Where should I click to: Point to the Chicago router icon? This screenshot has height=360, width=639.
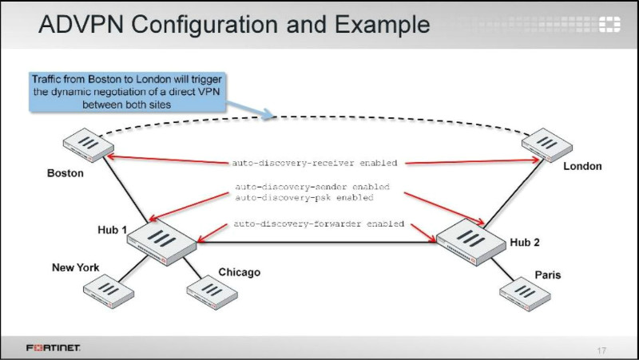click(211, 291)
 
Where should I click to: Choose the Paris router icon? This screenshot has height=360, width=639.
click(522, 293)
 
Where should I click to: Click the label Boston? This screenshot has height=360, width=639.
click(65, 173)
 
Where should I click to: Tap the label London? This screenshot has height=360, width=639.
click(582, 166)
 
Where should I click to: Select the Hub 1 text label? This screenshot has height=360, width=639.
click(113, 230)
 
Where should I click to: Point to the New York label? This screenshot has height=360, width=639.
click(76, 267)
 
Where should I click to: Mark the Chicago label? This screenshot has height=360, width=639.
click(240, 272)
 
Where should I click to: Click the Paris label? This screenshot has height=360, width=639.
click(548, 275)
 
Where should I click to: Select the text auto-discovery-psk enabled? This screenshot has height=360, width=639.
click(304, 196)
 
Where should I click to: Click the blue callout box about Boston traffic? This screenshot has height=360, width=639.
click(127, 91)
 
